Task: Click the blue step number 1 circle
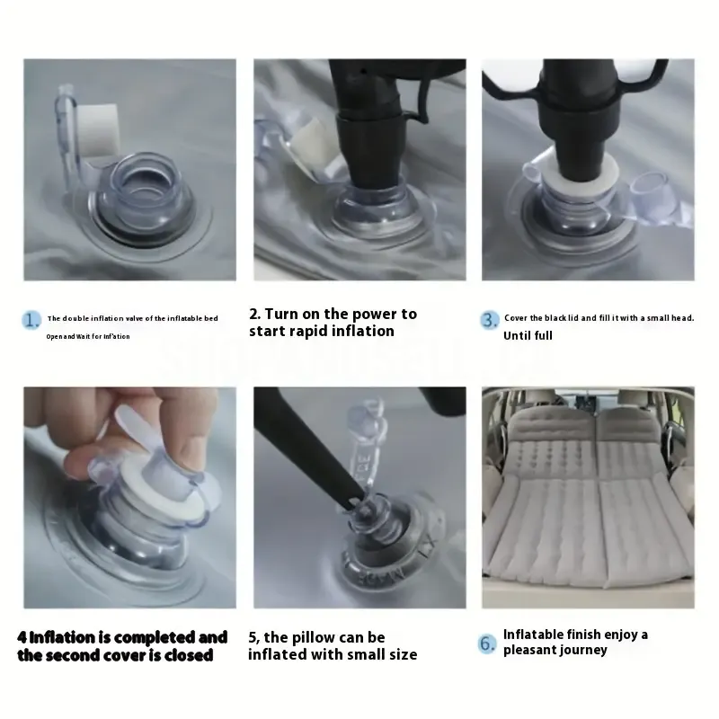tap(32, 319)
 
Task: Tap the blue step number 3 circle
tap(489, 319)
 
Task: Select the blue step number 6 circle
tap(487, 643)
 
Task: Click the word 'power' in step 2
tap(378, 314)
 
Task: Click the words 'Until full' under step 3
tap(528, 336)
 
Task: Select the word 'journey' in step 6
tap(584, 650)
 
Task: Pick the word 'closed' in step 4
tap(188, 655)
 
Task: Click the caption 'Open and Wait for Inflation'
tap(88, 336)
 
